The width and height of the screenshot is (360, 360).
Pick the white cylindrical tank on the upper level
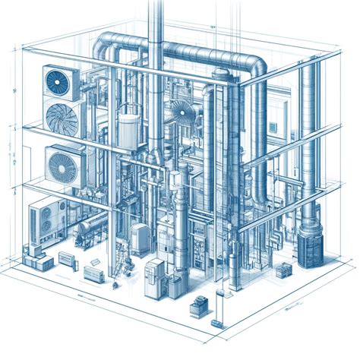click(128, 128)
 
